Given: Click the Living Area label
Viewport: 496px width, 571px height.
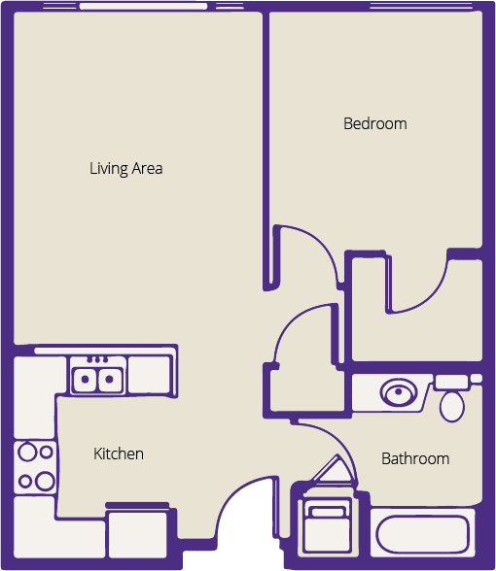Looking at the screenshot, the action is pyautogui.click(x=126, y=169).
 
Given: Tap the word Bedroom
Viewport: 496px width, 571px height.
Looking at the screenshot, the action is pyautogui.click(x=375, y=124).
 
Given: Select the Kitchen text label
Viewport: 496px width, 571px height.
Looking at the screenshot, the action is pyautogui.click(x=119, y=453).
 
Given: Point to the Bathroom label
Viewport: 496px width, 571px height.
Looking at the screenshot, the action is pyautogui.click(x=415, y=458).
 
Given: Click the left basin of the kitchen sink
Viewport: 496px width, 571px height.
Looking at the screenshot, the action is pyautogui.click(x=85, y=380).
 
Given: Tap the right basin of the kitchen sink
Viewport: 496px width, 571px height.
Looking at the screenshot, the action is pyautogui.click(x=109, y=380).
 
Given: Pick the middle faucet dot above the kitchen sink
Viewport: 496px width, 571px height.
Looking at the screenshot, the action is pyautogui.click(x=97, y=360).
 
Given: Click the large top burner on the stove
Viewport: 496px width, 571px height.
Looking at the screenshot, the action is pyautogui.click(x=27, y=452).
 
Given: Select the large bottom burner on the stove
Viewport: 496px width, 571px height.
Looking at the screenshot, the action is pyautogui.click(x=45, y=481).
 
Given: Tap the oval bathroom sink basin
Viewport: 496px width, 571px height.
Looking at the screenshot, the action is pyautogui.click(x=399, y=392).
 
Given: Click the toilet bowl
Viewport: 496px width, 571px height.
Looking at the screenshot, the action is pyautogui.click(x=452, y=406).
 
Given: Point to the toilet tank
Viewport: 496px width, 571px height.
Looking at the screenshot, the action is pyautogui.click(x=452, y=382).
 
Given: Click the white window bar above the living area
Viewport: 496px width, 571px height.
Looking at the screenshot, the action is pyautogui.click(x=143, y=6).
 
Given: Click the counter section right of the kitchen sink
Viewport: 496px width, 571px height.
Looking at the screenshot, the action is pyautogui.click(x=150, y=375).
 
